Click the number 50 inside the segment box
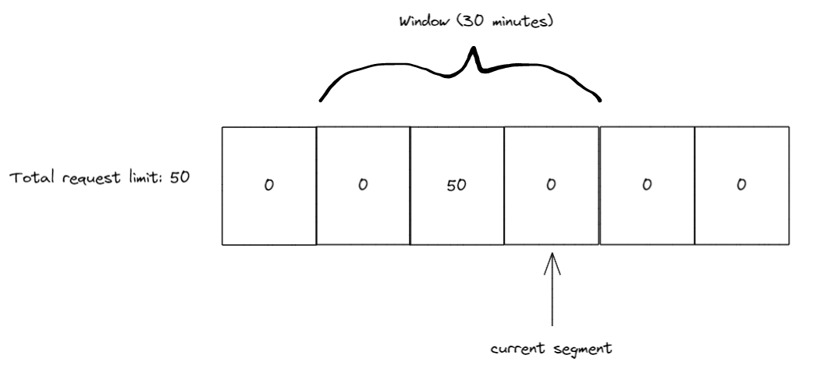tap(457, 186)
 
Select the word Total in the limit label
tap(29, 178)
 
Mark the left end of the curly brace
tap(321, 101)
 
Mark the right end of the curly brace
tap(599, 99)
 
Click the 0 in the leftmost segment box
tap(269, 186)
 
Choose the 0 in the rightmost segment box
tap(741, 186)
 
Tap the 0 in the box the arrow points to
tap(552, 186)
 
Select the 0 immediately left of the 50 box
tap(363, 186)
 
